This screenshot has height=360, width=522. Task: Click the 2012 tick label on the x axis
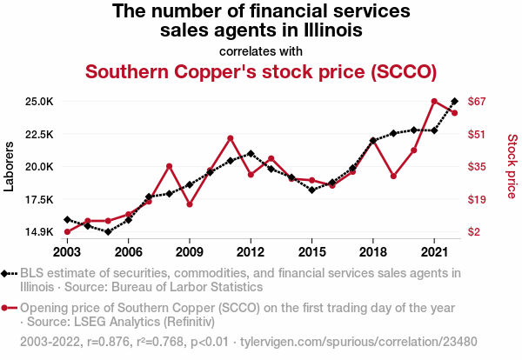(251, 251)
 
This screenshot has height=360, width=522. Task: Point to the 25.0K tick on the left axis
(40, 102)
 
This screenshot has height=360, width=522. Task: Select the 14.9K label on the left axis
(40, 232)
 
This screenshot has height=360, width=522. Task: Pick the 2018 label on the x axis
(373, 251)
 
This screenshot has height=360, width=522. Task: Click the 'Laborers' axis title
(10, 166)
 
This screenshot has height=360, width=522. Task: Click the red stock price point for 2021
(434, 102)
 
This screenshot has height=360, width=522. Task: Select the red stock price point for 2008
(169, 166)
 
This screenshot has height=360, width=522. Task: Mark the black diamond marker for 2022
(454, 102)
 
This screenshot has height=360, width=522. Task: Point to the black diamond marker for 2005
(108, 232)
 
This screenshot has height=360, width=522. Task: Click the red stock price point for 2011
(231, 138)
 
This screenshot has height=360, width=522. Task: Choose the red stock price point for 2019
(393, 177)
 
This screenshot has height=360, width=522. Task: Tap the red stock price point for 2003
(67, 232)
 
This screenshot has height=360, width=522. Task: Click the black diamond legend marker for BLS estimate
(8, 273)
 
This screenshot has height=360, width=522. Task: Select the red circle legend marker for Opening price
(8, 308)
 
